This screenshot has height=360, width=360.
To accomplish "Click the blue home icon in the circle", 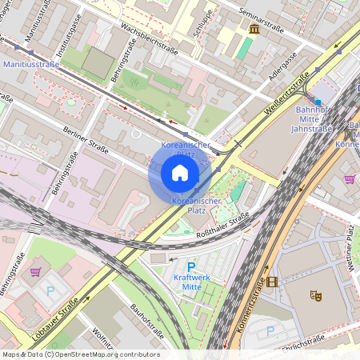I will [x=180, y=174].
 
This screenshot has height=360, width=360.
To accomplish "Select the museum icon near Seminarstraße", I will [x=254, y=30].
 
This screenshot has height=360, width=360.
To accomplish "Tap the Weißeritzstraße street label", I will [x=291, y=94].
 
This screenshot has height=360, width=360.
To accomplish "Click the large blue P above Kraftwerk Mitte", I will [x=190, y=268].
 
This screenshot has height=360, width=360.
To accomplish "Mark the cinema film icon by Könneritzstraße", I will [x=273, y=281].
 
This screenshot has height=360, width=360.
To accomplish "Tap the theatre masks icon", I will [x=316, y=296].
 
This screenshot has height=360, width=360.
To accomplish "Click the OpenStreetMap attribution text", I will [x=80, y=354].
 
